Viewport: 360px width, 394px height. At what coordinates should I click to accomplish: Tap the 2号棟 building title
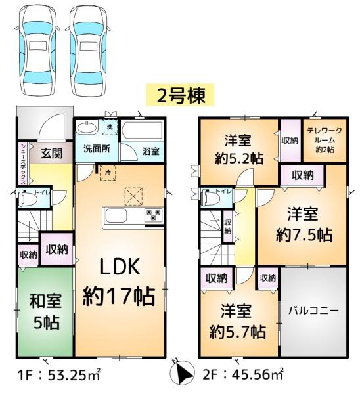pos(181,96)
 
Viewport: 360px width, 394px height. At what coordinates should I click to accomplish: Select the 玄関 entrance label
pos(52,153)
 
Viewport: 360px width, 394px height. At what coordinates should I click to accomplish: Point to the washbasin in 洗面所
pos(87,128)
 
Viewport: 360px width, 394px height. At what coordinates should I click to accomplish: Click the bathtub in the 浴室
pos(142,130)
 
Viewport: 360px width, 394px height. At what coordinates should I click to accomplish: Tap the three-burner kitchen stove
pos(153,215)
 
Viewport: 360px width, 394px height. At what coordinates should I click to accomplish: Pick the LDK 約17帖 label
pos(119,282)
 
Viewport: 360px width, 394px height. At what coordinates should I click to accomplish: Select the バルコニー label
pos(313,311)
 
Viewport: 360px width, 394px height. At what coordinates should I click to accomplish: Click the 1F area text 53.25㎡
pos(74,375)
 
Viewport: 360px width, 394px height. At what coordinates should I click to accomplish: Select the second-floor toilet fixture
pos(211,198)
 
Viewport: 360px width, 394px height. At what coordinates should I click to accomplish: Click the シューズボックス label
pos(23,164)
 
